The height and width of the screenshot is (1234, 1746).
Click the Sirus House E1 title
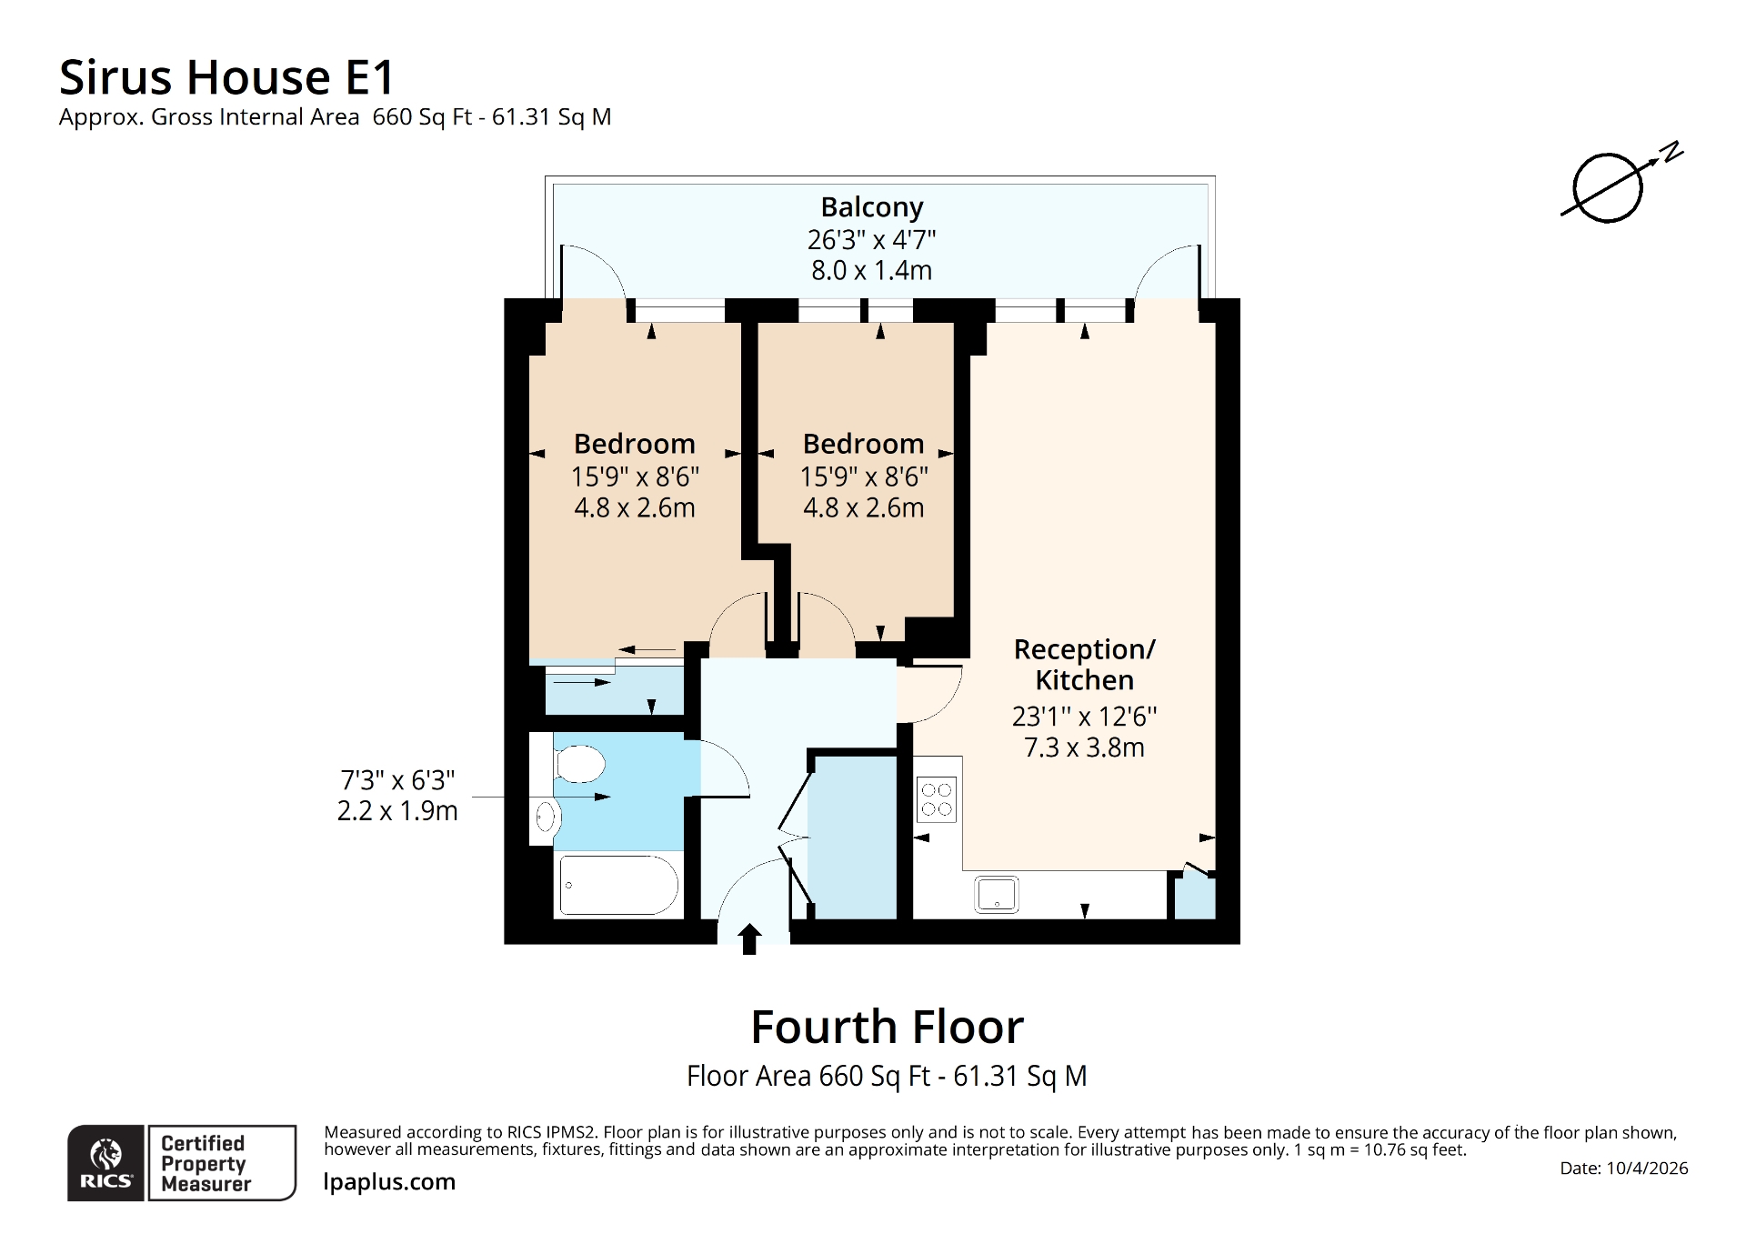226,77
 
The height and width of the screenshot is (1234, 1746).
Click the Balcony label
871,207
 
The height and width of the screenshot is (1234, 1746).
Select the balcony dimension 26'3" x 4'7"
871,240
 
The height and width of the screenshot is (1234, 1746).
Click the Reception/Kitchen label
1084,665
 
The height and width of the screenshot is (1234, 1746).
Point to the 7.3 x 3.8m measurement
1084,747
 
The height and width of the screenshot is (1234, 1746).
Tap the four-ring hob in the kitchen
937,799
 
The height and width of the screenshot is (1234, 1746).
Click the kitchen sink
997,894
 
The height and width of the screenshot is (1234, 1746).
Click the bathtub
618,885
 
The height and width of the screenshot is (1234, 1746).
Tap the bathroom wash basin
545,817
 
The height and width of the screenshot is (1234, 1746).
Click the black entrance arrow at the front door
749,938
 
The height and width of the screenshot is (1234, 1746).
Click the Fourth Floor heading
887,1027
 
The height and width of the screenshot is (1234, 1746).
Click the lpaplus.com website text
389,1181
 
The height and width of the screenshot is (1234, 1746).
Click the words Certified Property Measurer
205,1163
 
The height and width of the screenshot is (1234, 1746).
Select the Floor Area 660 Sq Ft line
887,1076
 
